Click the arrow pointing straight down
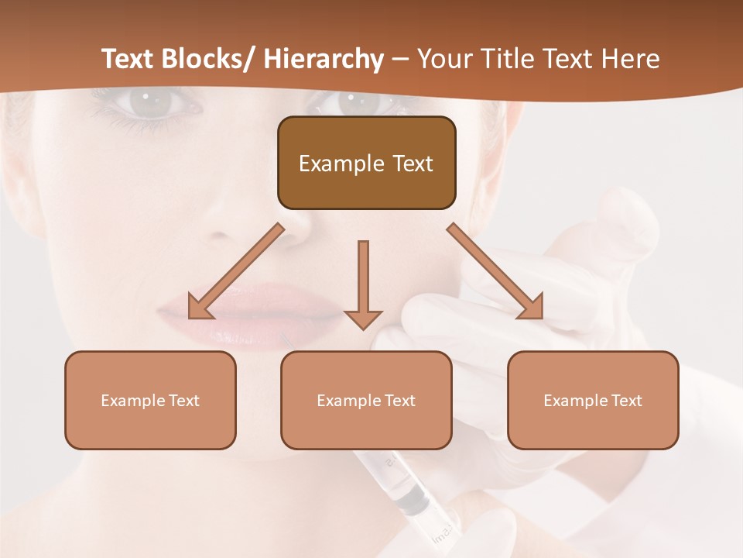363,283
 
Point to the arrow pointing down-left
236,270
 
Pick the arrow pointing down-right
496,271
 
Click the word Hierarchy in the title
323,59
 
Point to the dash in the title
400,60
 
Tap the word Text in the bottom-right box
625,401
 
